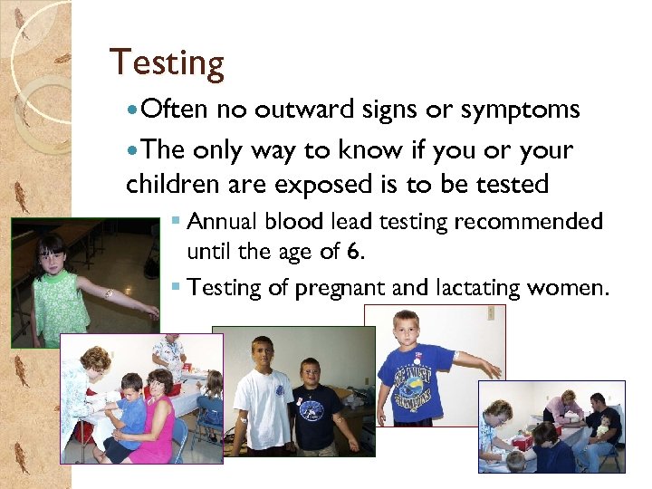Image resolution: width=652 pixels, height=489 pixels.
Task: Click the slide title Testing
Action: pos(167,63)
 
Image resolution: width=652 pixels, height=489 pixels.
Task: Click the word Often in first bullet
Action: pos(176,110)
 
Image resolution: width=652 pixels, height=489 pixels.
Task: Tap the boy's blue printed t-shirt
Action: pos(417,381)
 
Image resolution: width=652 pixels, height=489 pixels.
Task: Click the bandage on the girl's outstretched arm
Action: pos(108,292)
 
